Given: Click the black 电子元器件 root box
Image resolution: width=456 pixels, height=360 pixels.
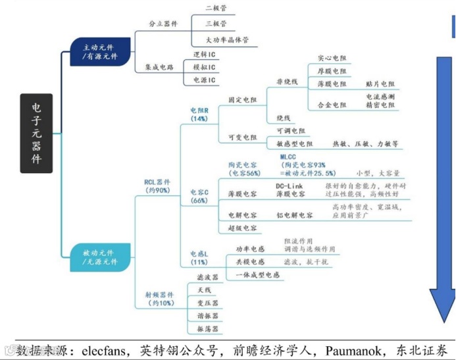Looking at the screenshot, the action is click(x=36, y=132).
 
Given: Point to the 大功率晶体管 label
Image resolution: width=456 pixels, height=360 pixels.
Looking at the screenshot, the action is click(x=227, y=39).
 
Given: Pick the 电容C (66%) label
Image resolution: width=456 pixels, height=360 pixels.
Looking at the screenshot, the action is click(x=199, y=195).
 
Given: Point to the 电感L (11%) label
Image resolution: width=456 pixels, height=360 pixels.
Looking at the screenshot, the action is click(x=199, y=257).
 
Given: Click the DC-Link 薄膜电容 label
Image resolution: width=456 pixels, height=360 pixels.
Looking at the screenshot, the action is click(x=290, y=190).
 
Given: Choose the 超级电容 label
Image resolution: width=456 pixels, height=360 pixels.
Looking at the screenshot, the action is click(x=241, y=228).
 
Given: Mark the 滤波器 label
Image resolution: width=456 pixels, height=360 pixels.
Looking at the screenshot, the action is click(x=208, y=277).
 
